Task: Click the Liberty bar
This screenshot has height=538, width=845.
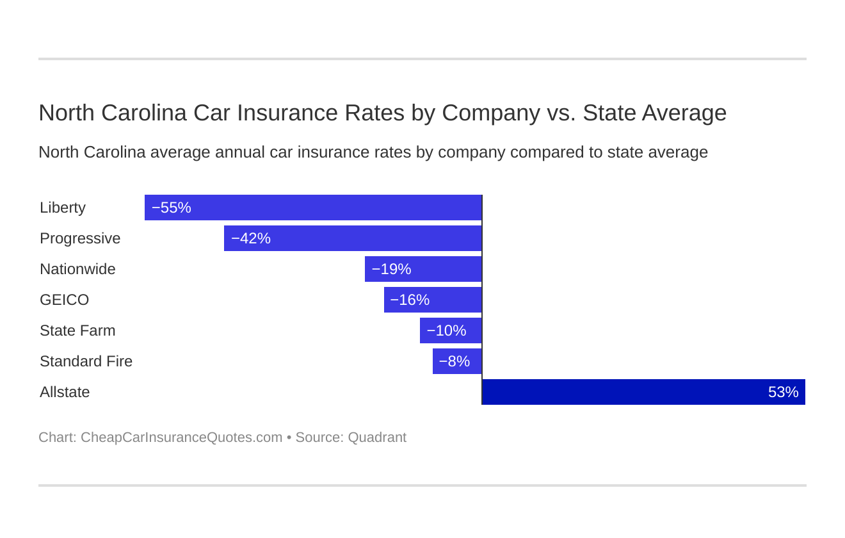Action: pos(313,208)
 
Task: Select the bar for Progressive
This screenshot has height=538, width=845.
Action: pos(353,238)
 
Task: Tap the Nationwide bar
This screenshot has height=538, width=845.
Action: pos(423,269)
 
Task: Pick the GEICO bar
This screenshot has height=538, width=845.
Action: pos(433,300)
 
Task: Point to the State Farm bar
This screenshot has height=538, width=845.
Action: pos(451,330)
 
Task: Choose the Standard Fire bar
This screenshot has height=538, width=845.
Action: pos(457,361)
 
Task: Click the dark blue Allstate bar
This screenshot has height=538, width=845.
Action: pos(643,392)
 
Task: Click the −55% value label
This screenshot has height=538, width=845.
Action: pos(172,208)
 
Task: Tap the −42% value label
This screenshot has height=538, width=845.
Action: pos(251,238)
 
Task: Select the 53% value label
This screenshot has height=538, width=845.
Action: pos(783,392)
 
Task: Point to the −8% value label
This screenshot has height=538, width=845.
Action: pos(455,361)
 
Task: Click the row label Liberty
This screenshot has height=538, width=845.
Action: pos(63,208)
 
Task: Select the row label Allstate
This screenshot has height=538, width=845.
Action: pos(65,392)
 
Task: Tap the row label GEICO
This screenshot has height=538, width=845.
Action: pos(65,300)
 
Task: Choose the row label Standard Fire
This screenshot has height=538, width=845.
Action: pos(86,361)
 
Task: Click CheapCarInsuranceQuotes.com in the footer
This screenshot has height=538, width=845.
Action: pos(181,437)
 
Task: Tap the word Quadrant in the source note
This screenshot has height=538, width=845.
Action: pos(377,437)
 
